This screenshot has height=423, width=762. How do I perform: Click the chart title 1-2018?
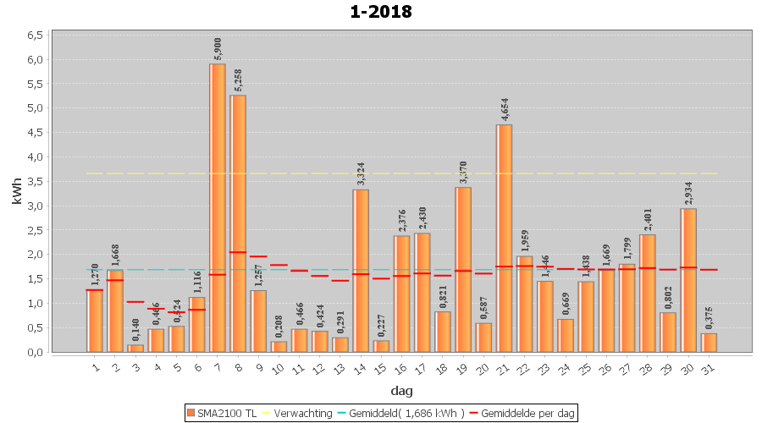click(x=380, y=12)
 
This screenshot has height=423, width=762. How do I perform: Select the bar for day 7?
click(x=218, y=207)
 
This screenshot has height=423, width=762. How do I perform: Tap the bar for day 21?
click(x=504, y=238)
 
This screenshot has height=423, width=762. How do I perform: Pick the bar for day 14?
click(x=361, y=271)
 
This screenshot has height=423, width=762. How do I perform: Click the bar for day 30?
click(x=688, y=280)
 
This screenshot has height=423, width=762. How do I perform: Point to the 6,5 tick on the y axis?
click(x=36, y=36)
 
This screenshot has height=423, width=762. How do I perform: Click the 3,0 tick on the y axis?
click(x=36, y=206)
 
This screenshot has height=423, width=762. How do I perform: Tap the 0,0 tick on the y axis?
click(x=36, y=352)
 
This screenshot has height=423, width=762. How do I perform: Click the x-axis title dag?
click(x=401, y=391)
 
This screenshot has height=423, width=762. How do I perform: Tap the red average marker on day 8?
click(x=238, y=252)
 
